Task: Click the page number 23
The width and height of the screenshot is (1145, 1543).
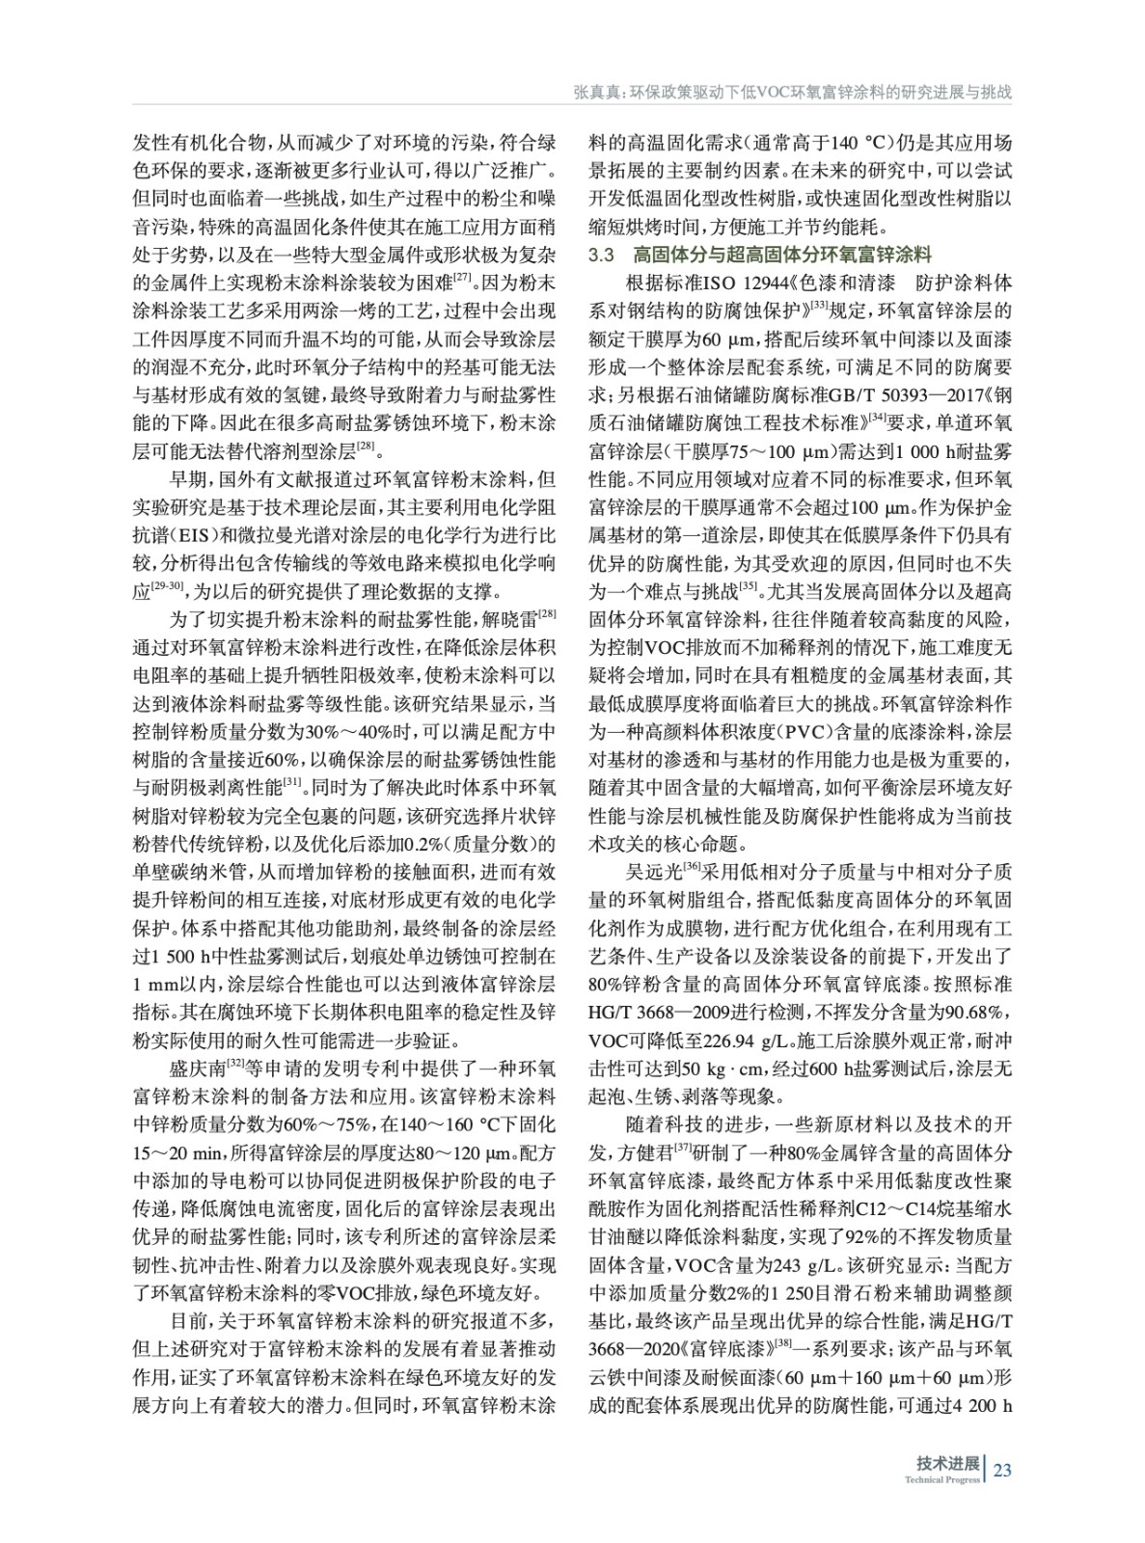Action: pos(1001,1470)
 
